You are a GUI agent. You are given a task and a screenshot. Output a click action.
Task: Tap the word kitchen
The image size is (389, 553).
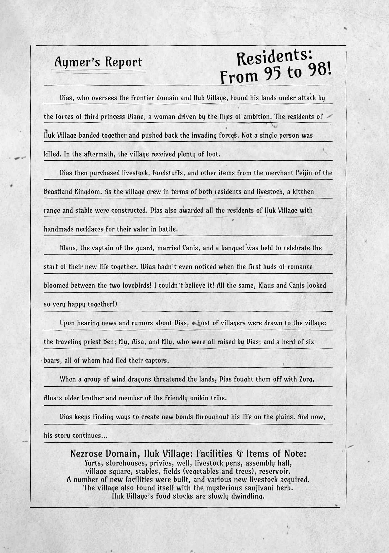tap(303, 192)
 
